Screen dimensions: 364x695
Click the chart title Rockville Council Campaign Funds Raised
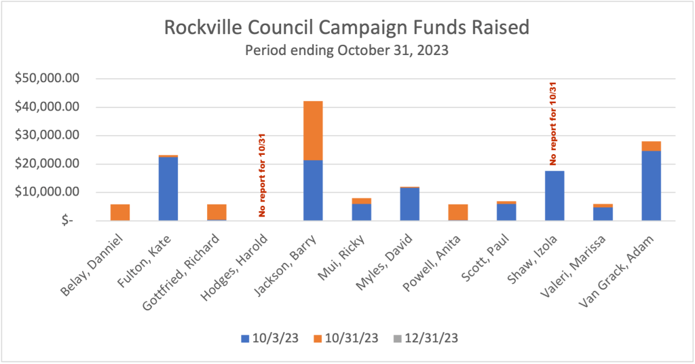(x=347, y=29)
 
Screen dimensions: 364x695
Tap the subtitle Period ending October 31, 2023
(x=347, y=50)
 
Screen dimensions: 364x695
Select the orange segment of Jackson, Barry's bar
(x=313, y=130)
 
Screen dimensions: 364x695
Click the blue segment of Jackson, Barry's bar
(x=313, y=190)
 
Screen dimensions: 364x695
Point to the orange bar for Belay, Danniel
(x=120, y=212)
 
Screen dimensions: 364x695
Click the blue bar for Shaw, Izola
(x=555, y=196)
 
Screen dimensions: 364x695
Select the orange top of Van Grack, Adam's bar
(x=651, y=146)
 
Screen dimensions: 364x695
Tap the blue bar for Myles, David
(x=409, y=204)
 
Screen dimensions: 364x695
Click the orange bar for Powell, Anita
(x=458, y=212)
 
